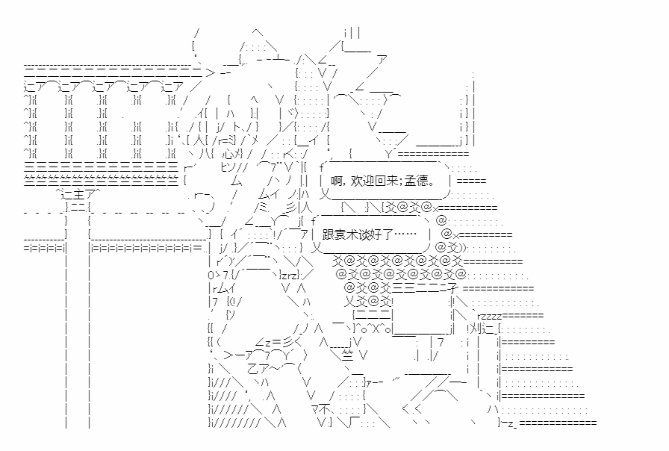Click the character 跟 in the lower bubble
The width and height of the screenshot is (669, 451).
pos(329,234)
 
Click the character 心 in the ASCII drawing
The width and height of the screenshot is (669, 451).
pos(222,154)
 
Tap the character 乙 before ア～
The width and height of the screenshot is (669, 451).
pos(252,368)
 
